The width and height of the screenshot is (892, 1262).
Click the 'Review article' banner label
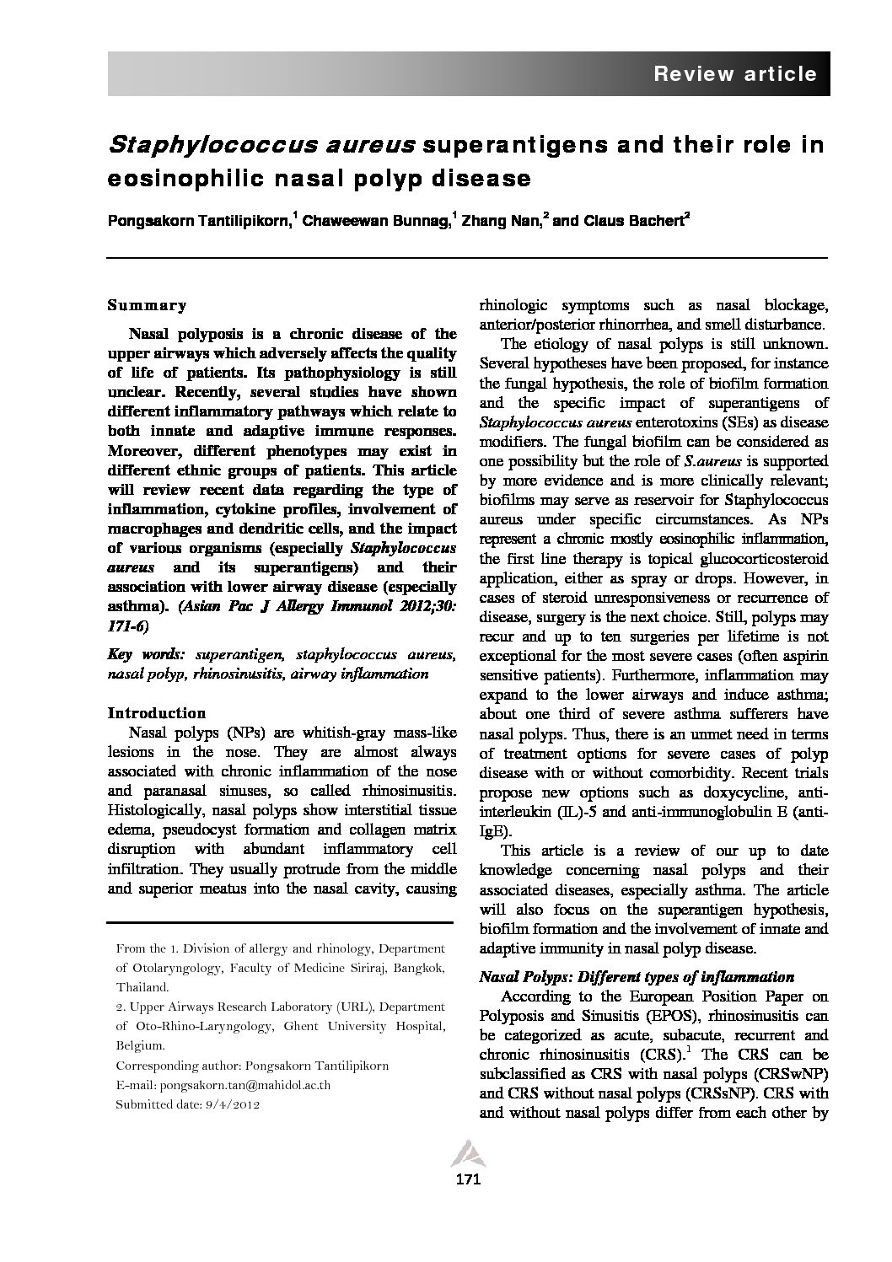click(735, 74)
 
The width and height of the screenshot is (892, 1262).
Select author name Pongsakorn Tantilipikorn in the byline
click(198, 221)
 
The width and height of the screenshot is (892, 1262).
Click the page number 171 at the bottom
click(467, 1179)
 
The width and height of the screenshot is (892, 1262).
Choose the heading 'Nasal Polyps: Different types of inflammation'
click(637, 977)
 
